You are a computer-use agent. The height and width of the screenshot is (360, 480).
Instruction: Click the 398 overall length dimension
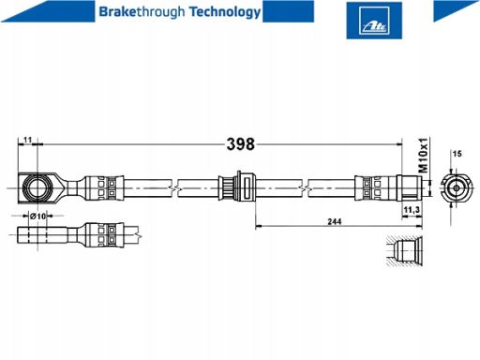pyautogui.click(x=241, y=144)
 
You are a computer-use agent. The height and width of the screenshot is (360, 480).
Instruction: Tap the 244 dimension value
pyautogui.click(x=335, y=221)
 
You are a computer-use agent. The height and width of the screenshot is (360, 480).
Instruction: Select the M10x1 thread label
pyautogui.click(x=424, y=155)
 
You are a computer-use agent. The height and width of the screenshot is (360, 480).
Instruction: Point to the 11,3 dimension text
pyautogui.click(x=412, y=210)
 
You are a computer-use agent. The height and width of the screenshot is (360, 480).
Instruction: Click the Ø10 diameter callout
pyautogui.click(x=37, y=216)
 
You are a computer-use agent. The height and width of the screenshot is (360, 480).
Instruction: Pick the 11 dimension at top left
pyautogui.click(x=28, y=140)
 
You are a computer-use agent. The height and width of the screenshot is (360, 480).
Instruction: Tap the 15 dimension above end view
pyautogui.click(x=457, y=154)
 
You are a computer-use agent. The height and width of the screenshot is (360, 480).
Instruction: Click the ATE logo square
pyautogui.click(x=374, y=21)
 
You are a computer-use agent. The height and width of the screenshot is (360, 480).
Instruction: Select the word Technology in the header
pyautogui.click(x=225, y=12)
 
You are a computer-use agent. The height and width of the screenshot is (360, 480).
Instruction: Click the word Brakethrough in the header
pyautogui.click(x=142, y=12)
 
